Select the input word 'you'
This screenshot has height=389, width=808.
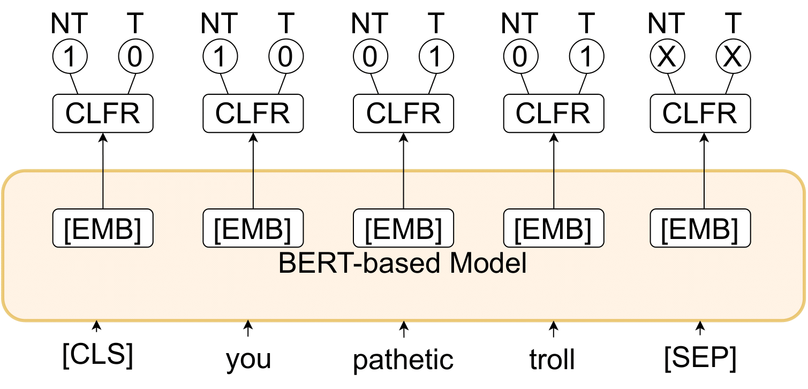tap(248, 359)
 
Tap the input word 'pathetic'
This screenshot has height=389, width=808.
tap(403, 359)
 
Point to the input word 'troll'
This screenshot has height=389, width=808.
tap(552, 359)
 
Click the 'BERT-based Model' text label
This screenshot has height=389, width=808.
tap(403, 264)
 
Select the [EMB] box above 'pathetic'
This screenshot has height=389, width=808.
tap(403, 228)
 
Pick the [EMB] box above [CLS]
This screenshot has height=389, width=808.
tap(103, 228)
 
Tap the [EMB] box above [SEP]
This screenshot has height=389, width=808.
tap(700, 228)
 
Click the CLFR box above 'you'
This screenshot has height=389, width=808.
tap(253, 113)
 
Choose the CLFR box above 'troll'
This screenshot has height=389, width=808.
tap(553, 113)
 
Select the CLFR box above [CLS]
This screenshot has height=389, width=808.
tap(103, 113)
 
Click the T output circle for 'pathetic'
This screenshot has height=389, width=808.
tap(436, 57)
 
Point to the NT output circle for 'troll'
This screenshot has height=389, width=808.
tap(519, 57)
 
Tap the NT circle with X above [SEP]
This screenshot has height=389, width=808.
tap(667, 57)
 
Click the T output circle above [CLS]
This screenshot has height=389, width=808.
tap(135, 57)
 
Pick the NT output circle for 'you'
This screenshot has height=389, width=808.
tap(220, 57)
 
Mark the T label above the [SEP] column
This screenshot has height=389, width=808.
tap(733, 23)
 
